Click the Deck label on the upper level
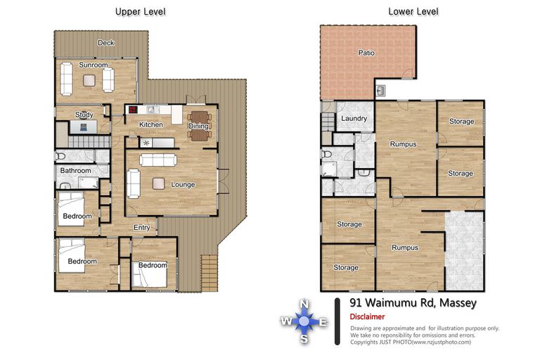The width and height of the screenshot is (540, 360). point(105,43)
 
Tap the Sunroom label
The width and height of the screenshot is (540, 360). point(93,65)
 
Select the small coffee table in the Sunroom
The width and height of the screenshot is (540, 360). point(89,80)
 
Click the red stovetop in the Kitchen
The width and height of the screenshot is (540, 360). point(133,110)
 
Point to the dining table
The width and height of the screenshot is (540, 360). point(200,126)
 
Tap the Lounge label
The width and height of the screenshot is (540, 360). point(183,185)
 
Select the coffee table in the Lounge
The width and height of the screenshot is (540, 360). point(158,184)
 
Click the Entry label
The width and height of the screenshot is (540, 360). point(142,227)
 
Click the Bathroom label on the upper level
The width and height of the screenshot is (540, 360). point(75,171)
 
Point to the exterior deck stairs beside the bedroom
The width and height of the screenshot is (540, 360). point(209,273)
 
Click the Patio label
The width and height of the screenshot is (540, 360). point(366,53)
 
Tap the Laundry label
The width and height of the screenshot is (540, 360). point(354,118)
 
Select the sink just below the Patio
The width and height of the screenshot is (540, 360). point(380,91)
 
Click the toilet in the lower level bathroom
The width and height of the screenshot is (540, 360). point(326,154)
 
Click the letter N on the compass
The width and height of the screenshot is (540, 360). point(304,304)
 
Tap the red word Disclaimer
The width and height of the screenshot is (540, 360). point(367,316)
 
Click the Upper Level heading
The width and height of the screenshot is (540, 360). point(140,12)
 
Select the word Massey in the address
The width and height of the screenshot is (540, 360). point(458,303)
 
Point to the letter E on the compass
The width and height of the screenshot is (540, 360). point(323,322)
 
